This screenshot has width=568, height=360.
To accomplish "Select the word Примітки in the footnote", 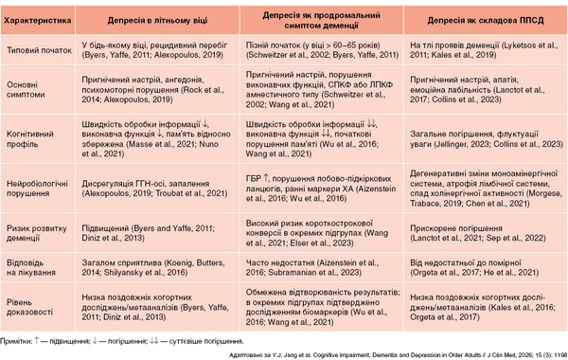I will click(21, 338).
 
